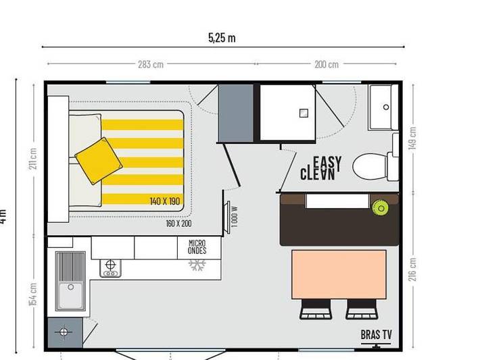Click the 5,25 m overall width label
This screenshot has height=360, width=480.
222,38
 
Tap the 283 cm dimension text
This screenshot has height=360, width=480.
151,65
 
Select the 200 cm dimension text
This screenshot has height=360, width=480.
327,65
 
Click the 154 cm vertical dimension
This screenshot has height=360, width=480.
34,294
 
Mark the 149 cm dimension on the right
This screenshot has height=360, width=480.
413,138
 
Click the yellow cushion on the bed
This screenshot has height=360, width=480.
99,160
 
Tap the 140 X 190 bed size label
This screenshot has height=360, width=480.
165,201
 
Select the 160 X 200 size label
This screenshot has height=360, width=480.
178,224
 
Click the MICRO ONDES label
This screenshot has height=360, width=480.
197,247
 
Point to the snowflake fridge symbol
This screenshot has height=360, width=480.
197,265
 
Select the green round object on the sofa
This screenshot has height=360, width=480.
381,207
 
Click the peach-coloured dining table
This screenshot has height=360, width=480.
339,274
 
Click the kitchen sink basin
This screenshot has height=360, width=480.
70,295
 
